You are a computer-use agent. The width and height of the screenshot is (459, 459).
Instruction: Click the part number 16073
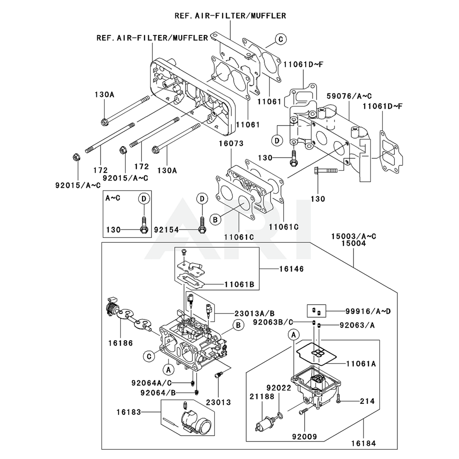tap(230, 144)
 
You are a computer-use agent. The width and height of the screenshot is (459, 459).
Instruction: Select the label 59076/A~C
tap(349, 96)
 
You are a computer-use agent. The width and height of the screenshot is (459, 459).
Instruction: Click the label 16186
tap(121, 343)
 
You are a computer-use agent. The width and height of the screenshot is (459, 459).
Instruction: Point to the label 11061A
tap(361, 364)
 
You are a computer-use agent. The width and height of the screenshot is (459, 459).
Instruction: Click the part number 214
tap(367, 401)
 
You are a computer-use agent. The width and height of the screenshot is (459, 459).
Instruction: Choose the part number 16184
tap(364, 443)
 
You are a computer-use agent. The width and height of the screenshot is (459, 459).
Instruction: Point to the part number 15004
tap(353, 244)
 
